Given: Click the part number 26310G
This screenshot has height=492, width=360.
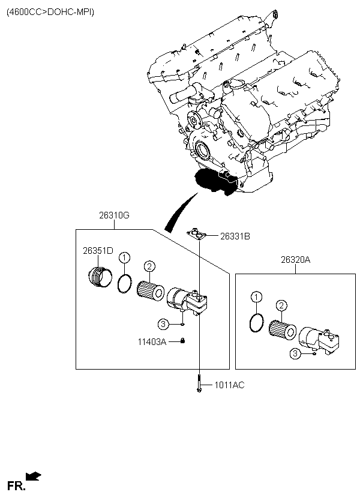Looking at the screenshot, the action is click(114, 215).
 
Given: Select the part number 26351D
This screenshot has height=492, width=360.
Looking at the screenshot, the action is click(98, 251).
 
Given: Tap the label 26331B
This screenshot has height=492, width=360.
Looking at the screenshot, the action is click(235, 236).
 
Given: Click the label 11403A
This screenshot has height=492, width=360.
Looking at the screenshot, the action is click(152, 341).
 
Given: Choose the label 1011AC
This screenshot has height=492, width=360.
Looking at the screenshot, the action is click(229, 385).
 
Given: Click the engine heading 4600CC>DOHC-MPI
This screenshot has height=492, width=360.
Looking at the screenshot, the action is click(50, 12).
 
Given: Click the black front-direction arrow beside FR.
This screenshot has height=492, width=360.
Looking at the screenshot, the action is click(33, 476).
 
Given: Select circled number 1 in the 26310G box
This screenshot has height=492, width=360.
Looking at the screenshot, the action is click(125, 257).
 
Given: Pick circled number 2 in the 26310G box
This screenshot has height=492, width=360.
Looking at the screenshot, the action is click(149, 266).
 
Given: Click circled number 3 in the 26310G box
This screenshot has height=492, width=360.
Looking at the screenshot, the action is click(163, 324).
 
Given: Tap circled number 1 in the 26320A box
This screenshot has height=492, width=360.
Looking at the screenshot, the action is click(256, 296).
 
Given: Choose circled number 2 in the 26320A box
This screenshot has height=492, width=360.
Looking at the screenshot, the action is click(281, 305).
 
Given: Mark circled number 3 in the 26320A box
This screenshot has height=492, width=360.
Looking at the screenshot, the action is click(295, 353).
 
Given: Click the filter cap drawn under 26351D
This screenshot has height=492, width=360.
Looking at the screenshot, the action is click(100, 277).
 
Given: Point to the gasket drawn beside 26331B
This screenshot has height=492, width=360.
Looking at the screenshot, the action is click(198, 235).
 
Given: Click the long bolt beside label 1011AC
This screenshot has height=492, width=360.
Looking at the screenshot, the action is click(199, 383).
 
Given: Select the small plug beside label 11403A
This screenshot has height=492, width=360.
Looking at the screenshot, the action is click(182, 341).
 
